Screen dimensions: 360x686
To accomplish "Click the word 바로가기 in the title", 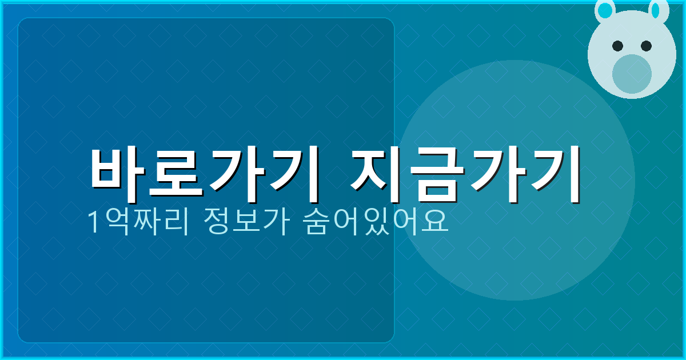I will point(203,174).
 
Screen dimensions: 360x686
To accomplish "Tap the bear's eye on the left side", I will point(617,46).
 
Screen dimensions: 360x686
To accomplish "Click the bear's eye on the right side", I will point(646,46).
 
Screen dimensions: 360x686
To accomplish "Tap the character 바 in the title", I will point(119,174).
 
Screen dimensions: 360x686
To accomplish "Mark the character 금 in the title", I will point(434,174).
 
